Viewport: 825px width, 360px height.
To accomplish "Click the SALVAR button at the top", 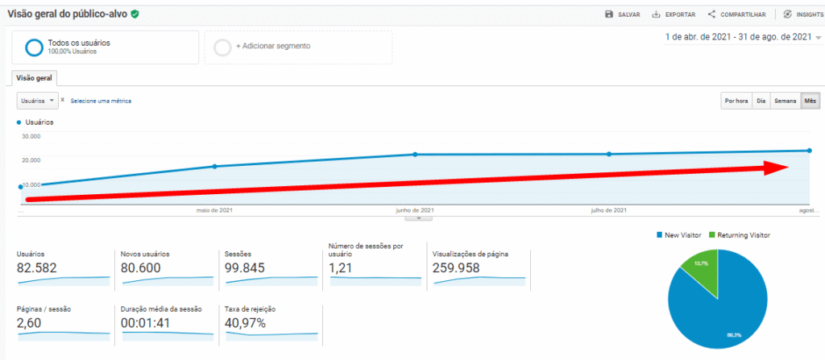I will click(x=623, y=14).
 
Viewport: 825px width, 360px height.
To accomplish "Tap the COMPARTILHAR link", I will click(x=736, y=14).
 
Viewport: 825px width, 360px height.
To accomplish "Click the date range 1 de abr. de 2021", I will click(x=737, y=37).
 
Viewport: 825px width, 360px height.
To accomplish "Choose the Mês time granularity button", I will click(x=810, y=101).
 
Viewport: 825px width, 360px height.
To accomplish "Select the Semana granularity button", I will click(x=785, y=101).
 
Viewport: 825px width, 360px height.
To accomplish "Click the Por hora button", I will click(x=736, y=101).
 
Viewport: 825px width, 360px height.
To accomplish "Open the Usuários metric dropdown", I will click(x=38, y=101).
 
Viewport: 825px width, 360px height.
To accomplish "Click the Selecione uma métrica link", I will click(x=101, y=101).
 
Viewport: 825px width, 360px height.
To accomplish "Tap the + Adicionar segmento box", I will click(x=298, y=47).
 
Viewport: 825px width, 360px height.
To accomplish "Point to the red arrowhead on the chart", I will click(x=777, y=168).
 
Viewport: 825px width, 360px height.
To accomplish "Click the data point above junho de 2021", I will click(x=416, y=154).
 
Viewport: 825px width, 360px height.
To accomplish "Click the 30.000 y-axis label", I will click(x=31, y=136).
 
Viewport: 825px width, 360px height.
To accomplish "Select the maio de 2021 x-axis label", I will click(x=215, y=210).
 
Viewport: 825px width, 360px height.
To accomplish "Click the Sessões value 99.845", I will click(x=247, y=268).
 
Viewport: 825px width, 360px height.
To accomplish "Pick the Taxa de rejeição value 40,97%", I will click(x=245, y=323).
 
